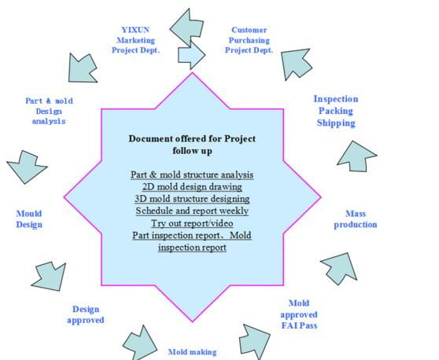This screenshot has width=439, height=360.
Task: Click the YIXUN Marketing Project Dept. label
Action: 136,40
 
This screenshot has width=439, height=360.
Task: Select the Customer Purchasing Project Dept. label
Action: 249,40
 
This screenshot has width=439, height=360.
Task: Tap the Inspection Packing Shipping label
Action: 336,111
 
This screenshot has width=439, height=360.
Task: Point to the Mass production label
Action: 356,219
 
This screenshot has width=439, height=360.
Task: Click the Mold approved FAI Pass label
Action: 299,314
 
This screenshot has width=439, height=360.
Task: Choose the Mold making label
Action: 192,352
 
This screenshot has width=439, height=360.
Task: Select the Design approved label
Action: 86,314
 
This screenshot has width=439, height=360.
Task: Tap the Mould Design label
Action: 29,219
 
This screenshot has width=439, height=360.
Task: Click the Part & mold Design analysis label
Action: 49,111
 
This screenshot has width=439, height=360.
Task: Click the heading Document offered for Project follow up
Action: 192,145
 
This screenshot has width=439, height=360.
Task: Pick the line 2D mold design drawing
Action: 192,186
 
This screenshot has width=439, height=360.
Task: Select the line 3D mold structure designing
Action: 192,199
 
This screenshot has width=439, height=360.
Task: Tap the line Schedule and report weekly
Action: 192,211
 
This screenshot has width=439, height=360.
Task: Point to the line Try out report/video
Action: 192,223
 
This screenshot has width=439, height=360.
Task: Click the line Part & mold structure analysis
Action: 192,174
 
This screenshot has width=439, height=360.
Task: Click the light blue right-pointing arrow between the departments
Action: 191,55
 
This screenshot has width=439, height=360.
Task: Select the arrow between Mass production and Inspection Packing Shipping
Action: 357,156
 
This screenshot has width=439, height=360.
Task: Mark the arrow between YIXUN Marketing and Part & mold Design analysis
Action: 82,68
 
